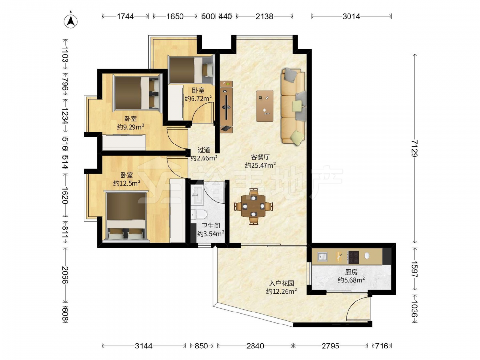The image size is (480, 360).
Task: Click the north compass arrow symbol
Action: pos(71,21)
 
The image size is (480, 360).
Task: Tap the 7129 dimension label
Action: pos(415,148)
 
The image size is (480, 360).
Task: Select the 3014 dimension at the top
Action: pos(351,16)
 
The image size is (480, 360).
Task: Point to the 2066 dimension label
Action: pos(65,275)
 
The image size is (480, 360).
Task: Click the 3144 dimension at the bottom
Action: pos(144,346)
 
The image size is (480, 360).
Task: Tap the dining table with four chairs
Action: pos(253,206)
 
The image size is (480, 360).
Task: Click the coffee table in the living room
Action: pos(265,106)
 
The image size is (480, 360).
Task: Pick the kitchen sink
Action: pos(322,256)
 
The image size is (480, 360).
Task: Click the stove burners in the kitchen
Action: pos(353,257)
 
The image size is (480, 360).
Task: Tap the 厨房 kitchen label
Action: pos(351,272)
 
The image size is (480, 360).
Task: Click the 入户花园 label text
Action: pos(282,283)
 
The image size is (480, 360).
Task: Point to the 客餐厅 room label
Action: pos(260,157)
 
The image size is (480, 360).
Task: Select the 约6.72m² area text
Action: pos(198,98)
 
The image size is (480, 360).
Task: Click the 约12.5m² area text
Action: pos(127,183)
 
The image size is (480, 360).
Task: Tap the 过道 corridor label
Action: pos(204,150)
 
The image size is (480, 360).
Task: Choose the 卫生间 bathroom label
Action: pos(211,226)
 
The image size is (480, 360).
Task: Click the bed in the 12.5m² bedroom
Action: pos(126,216)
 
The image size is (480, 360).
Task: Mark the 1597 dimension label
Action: pos(415,269)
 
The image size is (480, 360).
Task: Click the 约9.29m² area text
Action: pos(131,127)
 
